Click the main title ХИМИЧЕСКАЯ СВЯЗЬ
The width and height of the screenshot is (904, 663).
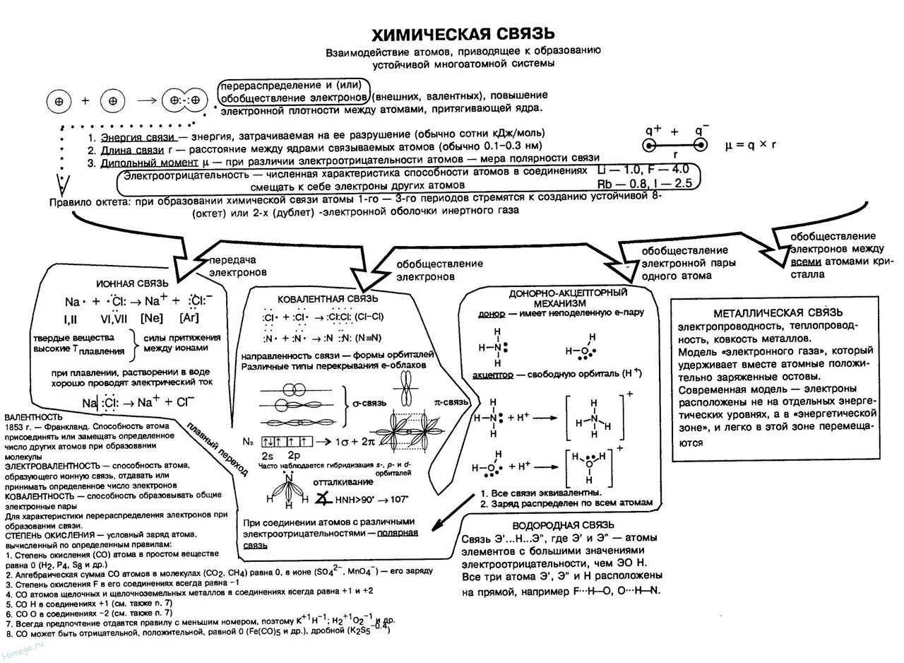click(463, 35)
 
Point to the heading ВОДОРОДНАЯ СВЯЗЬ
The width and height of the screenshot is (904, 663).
click(563, 524)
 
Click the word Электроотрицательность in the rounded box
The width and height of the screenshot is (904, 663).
click(186, 173)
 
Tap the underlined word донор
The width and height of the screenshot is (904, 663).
click(492, 312)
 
